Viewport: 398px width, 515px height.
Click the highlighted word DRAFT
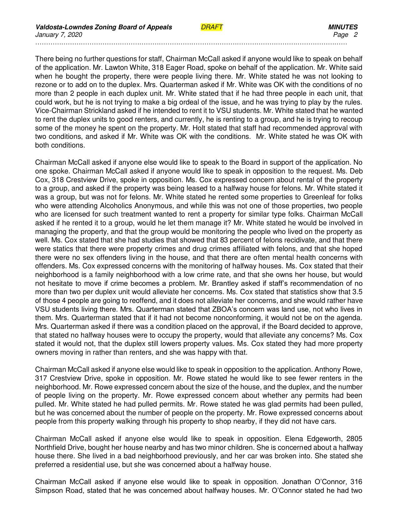click(x=212, y=27)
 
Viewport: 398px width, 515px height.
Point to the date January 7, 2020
click(x=59, y=35)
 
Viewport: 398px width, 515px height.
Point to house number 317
click(x=41, y=378)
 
